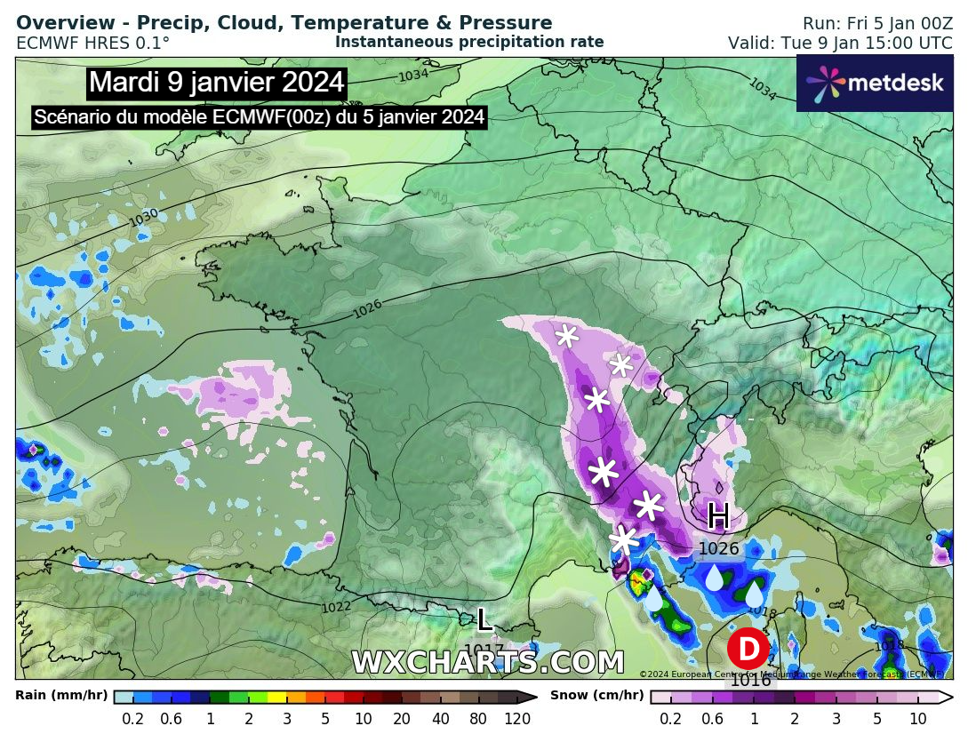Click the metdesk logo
click(875, 83)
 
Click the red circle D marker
click(748, 649)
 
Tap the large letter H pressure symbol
click(718, 515)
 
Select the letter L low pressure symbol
click(484, 619)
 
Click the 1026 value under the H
click(718, 549)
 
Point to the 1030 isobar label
click(143, 216)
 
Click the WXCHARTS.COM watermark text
click(487, 663)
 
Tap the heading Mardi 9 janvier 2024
click(217, 83)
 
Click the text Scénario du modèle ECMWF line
click(259, 117)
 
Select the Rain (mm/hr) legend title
click(61, 696)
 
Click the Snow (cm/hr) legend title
click(596, 696)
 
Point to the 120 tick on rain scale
click(517, 719)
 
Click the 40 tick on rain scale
click(441, 719)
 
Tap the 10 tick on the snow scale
click(918, 719)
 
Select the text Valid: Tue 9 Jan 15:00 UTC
click(840, 43)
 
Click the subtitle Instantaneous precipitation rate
click(469, 42)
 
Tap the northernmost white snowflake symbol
click(566, 335)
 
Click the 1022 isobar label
click(336, 608)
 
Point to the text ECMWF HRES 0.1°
click(92, 43)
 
